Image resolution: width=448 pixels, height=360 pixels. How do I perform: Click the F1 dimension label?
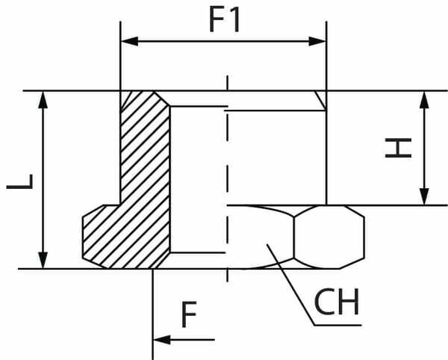(x=224, y=20)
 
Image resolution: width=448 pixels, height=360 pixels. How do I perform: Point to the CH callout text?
(x=337, y=302)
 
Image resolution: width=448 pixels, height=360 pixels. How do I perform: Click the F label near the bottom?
(x=189, y=316)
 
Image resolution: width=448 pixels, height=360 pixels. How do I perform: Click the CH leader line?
(x=291, y=284)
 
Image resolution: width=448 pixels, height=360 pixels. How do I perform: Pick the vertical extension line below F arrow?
(x=153, y=314)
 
